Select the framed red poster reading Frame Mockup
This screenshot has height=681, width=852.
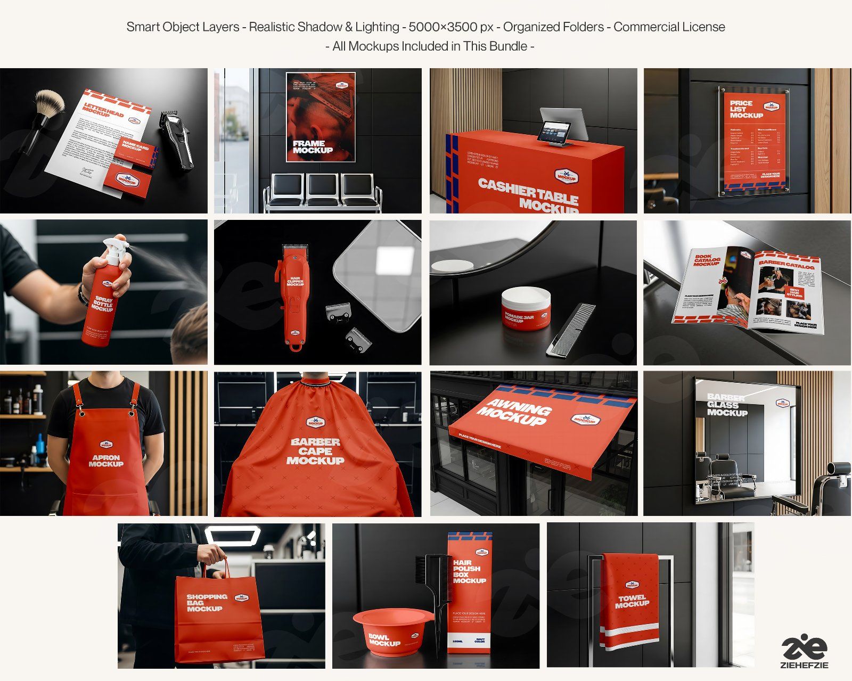321,117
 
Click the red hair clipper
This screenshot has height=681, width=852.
294,296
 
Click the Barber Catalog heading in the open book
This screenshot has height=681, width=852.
786,265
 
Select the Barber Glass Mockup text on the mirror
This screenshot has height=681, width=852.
727,405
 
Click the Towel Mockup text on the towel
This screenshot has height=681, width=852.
632,601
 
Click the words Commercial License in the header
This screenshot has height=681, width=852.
669,27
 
